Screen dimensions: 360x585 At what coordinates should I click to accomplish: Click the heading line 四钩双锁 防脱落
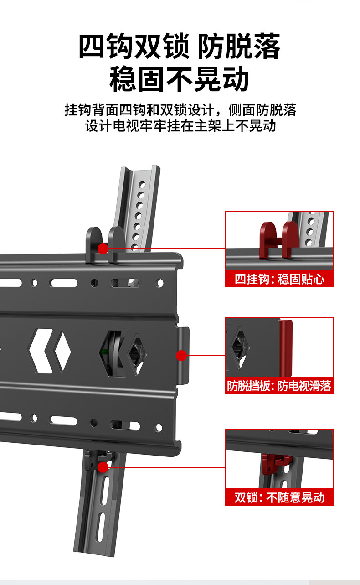[x=180, y=47]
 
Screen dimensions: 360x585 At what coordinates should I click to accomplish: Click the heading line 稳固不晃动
[x=180, y=79]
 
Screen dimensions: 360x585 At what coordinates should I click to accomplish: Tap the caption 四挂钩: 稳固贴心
[x=279, y=279]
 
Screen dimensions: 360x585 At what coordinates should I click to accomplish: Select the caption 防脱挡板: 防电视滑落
[x=279, y=386]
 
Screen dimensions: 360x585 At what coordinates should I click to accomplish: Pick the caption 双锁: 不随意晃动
[x=279, y=497]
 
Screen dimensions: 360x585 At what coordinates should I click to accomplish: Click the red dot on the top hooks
[x=103, y=248]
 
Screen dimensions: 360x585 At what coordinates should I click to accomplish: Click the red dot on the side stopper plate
[x=181, y=355]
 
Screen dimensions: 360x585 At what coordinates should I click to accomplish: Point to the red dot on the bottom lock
[x=103, y=467]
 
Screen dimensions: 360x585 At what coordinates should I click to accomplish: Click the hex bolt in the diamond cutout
[x=136, y=353]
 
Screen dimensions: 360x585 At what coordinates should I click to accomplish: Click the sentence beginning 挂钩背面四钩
[x=180, y=110]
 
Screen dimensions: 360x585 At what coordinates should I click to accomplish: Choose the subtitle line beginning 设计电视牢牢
[x=180, y=125]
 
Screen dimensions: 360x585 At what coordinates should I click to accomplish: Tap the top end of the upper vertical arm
[x=140, y=170]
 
